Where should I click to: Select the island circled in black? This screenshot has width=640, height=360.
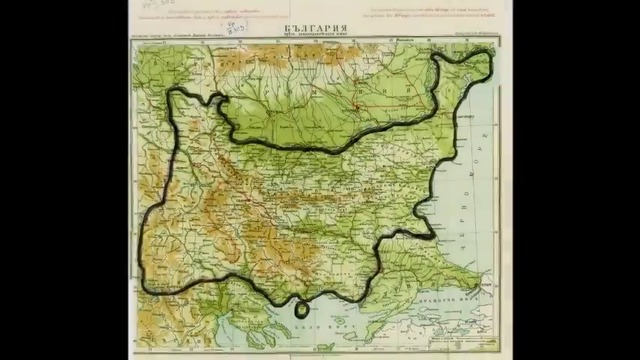tap(301, 309)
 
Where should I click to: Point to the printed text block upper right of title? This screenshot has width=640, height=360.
tap(440, 19)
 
